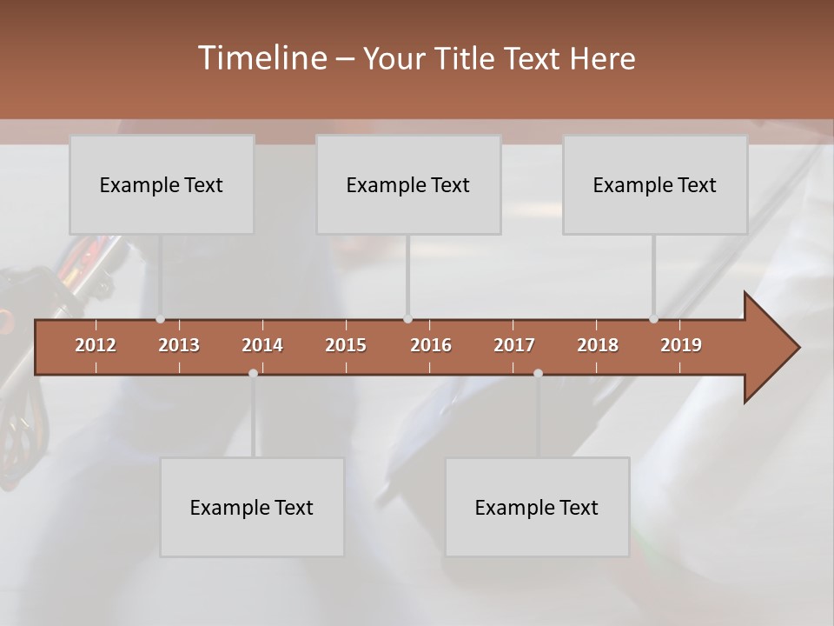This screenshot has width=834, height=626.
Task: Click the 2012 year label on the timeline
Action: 96,345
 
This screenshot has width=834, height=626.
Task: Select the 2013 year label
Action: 179,345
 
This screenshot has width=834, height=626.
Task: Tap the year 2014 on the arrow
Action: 262,345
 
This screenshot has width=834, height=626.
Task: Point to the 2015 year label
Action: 346,345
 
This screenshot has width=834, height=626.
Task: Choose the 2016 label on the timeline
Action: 431,345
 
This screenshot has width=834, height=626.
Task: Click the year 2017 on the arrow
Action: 514,345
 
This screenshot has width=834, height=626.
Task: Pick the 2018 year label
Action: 598,345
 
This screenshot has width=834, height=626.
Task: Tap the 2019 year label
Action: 681,345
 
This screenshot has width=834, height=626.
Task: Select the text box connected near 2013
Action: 162,185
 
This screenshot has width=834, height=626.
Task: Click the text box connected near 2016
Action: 408,185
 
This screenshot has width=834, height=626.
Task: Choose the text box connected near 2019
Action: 655,185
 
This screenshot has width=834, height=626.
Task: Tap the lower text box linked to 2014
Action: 252,508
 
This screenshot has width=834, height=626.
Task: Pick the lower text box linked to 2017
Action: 537,508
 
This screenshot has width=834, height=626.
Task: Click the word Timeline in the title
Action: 261,58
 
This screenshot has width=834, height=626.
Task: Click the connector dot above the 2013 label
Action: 160,319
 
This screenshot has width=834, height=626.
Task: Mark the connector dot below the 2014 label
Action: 253,373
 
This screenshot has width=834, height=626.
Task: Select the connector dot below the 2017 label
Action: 538,373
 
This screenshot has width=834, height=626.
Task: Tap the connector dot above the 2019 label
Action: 653,319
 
